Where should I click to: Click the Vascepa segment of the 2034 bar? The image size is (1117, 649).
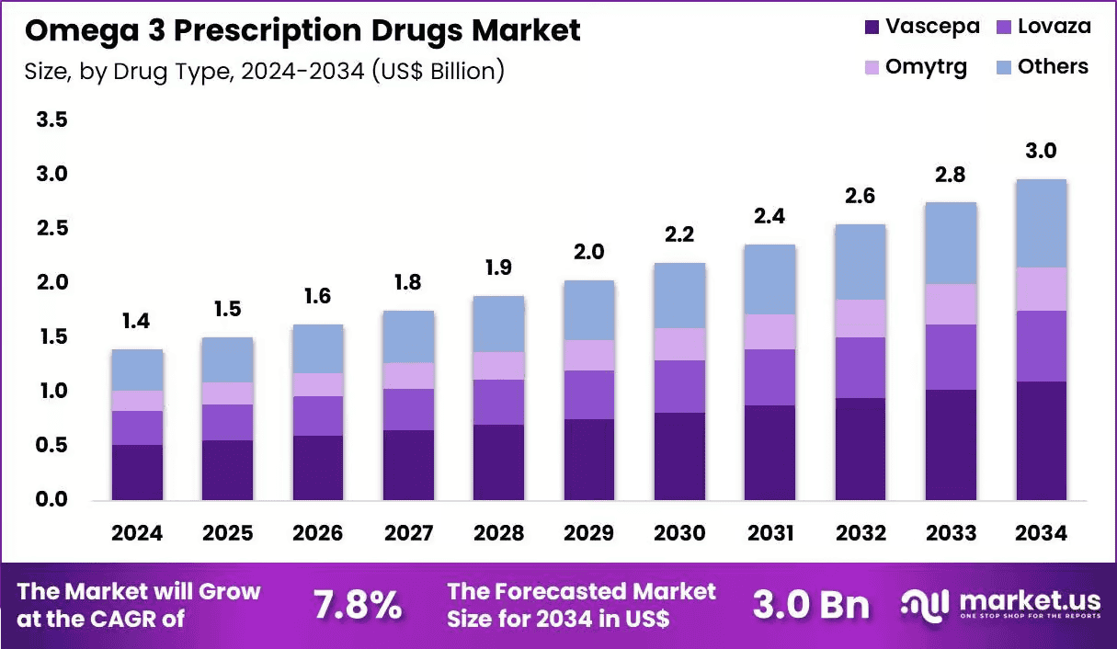pyautogui.click(x=1042, y=440)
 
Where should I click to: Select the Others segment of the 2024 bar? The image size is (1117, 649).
pyautogui.click(x=137, y=370)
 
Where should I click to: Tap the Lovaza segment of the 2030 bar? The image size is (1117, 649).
pyautogui.click(x=679, y=386)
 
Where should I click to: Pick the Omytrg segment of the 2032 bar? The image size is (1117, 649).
pyautogui.click(x=861, y=318)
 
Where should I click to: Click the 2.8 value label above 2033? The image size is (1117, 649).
pyautogui.click(x=951, y=175)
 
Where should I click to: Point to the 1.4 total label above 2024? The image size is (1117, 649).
pyautogui.click(x=136, y=322)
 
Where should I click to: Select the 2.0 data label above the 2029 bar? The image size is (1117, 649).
pyautogui.click(x=589, y=252)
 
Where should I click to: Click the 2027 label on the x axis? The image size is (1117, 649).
pyautogui.click(x=408, y=533)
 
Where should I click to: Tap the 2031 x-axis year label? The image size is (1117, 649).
pyautogui.click(x=769, y=533)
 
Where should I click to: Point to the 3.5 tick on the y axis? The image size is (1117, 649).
pyautogui.click(x=51, y=120)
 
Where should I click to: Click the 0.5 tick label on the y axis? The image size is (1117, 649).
pyautogui.click(x=51, y=445)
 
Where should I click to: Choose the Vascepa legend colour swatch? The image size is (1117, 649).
pyautogui.click(x=872, y=27)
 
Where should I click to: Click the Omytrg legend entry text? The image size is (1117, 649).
pyautogui.click(x=926, y=68)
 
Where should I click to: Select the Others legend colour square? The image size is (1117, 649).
pyautogui.click(x=1003, y=67)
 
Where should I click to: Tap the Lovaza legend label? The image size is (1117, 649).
pyautogui.click(x=1054, y=27)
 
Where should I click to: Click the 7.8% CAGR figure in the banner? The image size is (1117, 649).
pyautogui.click(x=357, y=605)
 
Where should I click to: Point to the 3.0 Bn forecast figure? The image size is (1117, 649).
pyautogui.click(x=811, y=605)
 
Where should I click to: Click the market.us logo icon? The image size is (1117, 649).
pyautogui.click(x=924, y=605)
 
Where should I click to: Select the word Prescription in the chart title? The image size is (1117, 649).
pyautogui.click(x=268, y=31)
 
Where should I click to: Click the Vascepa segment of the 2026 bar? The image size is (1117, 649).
pyautogui.click(x=318, y=468)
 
